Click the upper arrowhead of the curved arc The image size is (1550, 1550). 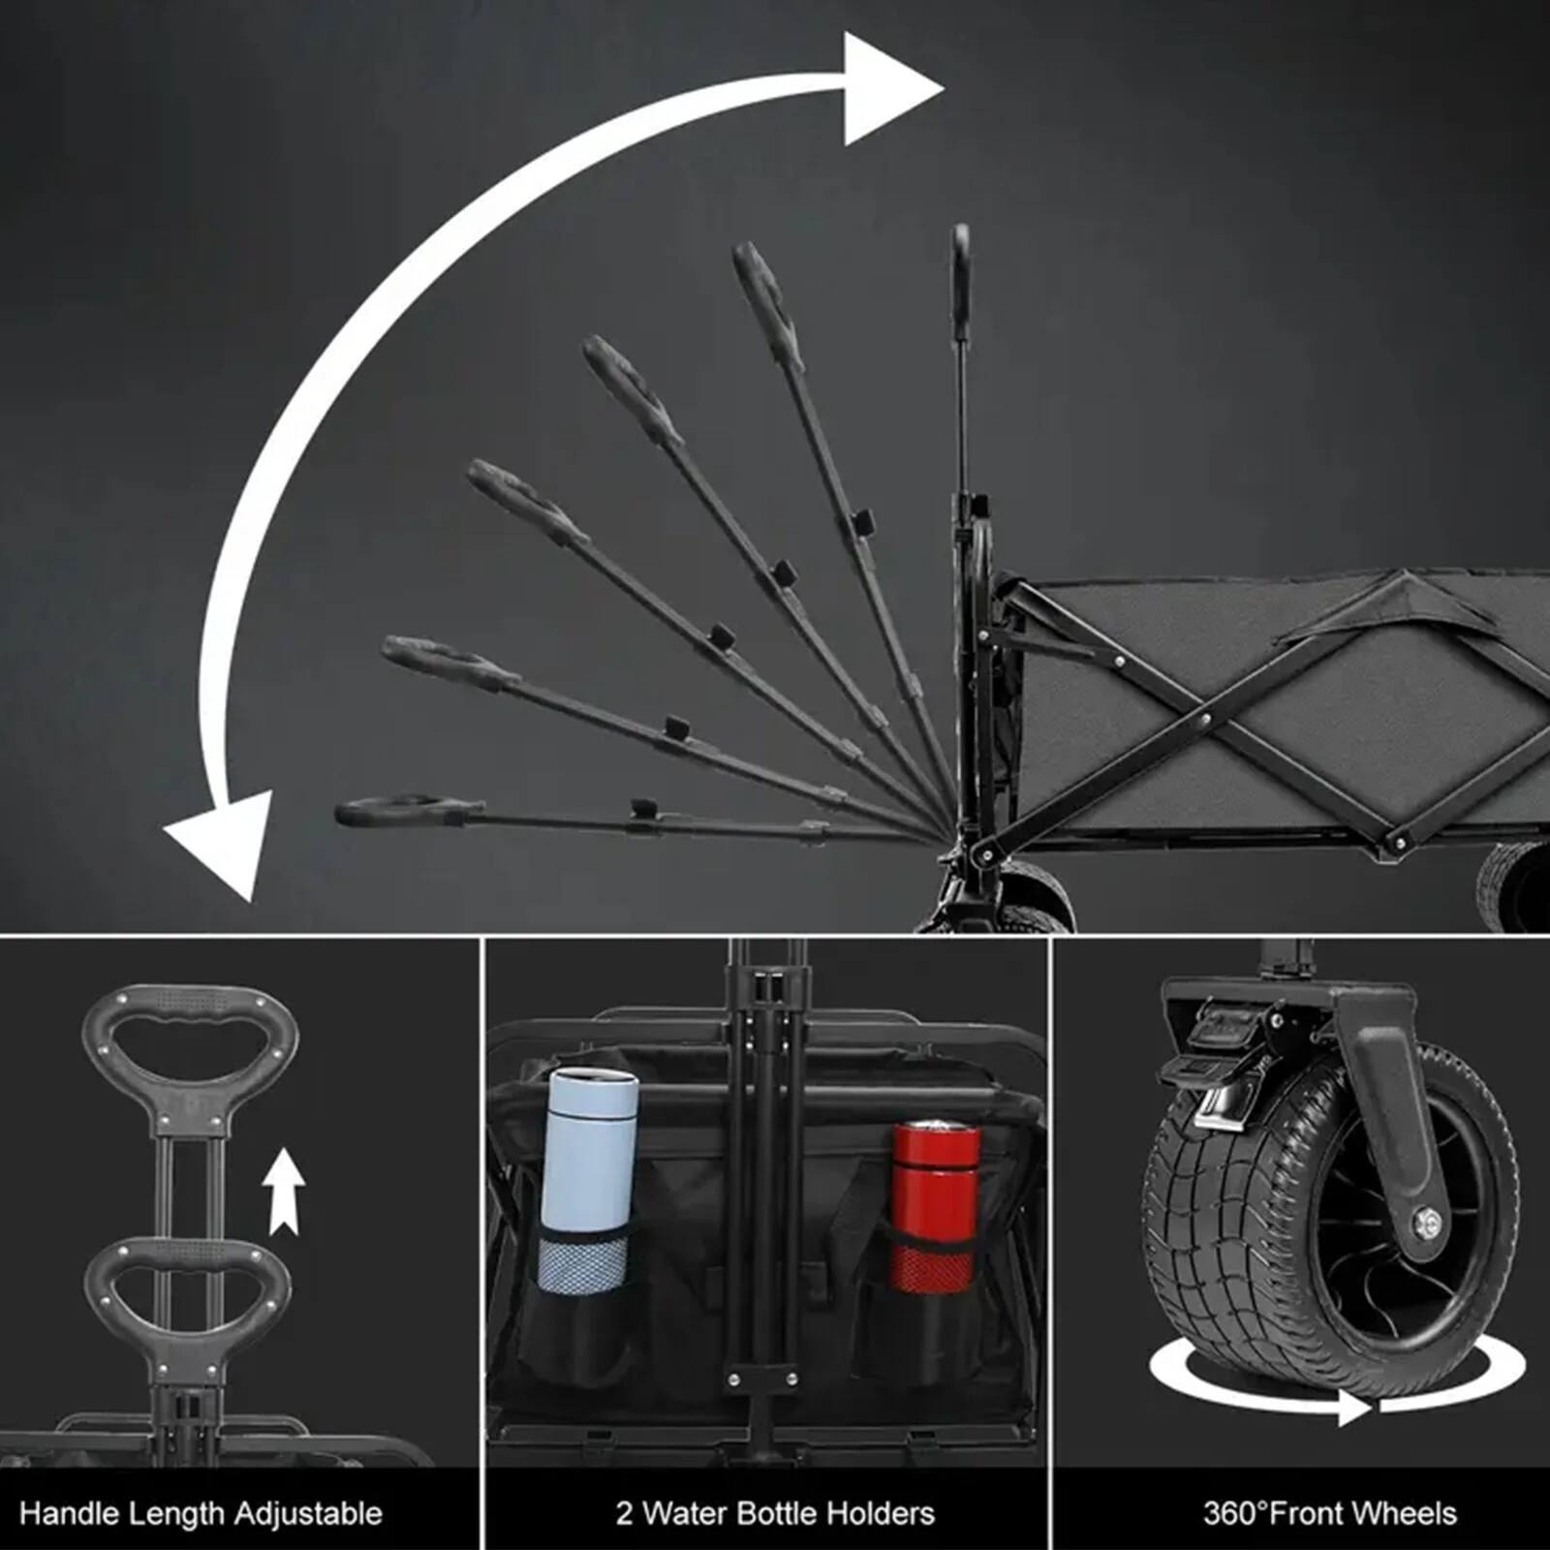pos(886,89)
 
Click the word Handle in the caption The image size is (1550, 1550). pos(69,1513)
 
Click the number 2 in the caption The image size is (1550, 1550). pos(624,1513)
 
